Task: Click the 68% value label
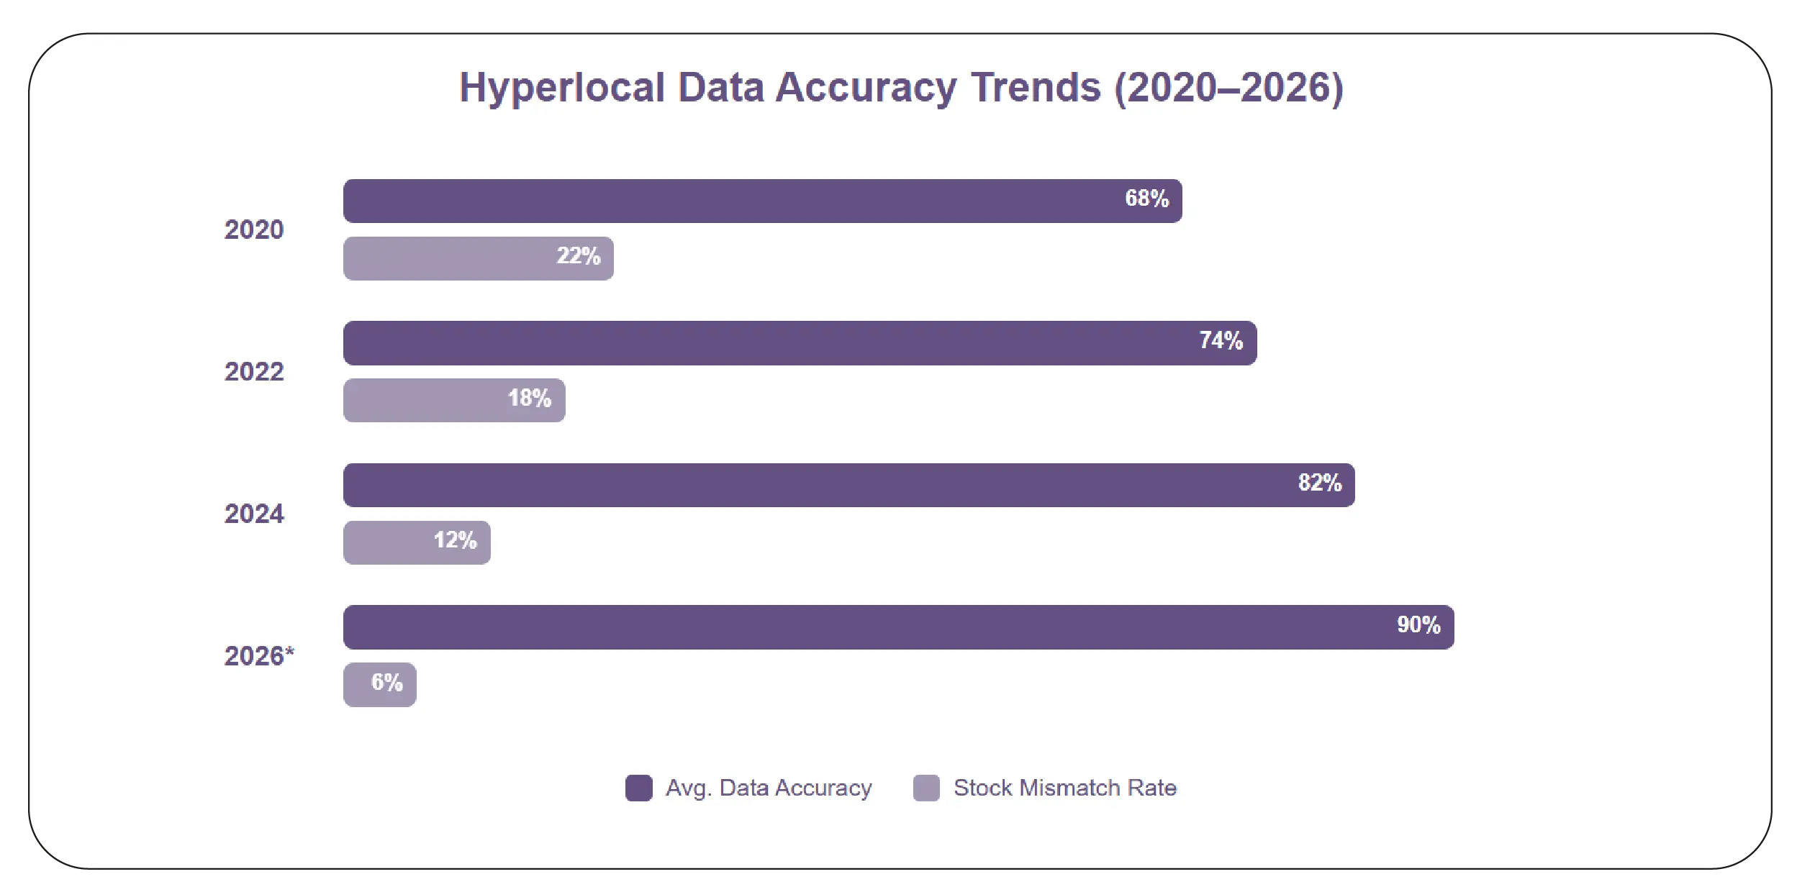(1146, 199)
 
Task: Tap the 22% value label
(578, 256)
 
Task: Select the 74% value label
(1221, 340)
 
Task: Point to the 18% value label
(529, 398)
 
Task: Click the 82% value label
(1319, 483)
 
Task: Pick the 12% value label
(455, 540)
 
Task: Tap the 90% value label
(1418, 624)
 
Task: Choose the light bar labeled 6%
(379, 683)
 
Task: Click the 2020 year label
(254, 229)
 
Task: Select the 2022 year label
(254, 372)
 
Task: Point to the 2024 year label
(254, 514)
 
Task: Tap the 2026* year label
(259, 656)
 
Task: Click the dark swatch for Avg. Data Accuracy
(638, 788)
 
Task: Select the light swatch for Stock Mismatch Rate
(926, 788)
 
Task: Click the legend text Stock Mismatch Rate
(1064, 788)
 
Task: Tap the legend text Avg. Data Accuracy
(768, 788)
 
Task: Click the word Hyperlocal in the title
(562, 88)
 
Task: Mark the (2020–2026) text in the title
(1228, 88)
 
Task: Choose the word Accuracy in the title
(866, 88)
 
